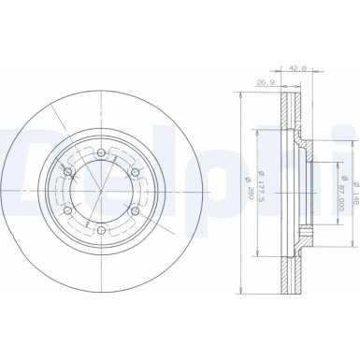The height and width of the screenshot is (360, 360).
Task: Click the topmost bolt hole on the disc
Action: [100, 151]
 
